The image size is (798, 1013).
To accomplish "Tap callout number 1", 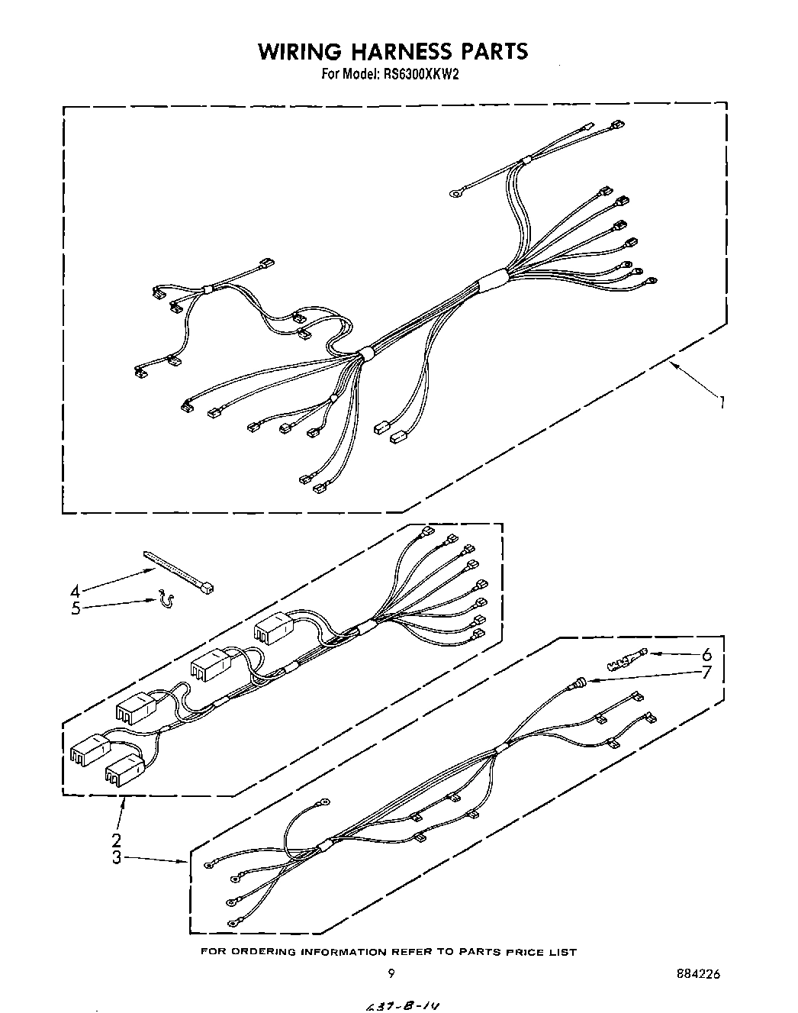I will click(721, 402).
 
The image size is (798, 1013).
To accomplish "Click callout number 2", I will click(116, 840).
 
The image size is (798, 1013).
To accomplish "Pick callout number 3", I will click(116, 857).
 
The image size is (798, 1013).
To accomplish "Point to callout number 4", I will click(75, 592).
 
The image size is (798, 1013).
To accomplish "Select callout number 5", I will click(76, 609).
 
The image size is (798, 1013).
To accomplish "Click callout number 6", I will click(706, 654).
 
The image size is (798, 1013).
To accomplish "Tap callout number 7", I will click(706, 673).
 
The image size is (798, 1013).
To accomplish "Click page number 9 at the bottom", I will click(391, 973).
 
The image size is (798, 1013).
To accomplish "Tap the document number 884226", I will click(697, 973).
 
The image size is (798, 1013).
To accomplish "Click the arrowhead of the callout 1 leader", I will click(672, 367).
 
